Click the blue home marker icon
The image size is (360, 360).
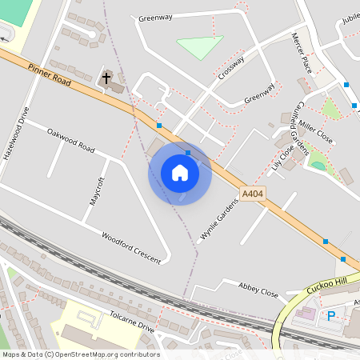coord(180,173)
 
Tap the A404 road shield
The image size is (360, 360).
coord(252,194)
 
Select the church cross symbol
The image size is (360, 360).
coord(106,78)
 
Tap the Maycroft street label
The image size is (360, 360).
coord(97,191)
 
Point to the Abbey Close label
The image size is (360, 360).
coord(258,288)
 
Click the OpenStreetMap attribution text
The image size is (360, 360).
coord(81,354)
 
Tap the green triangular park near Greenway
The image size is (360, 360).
coord(199,46)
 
